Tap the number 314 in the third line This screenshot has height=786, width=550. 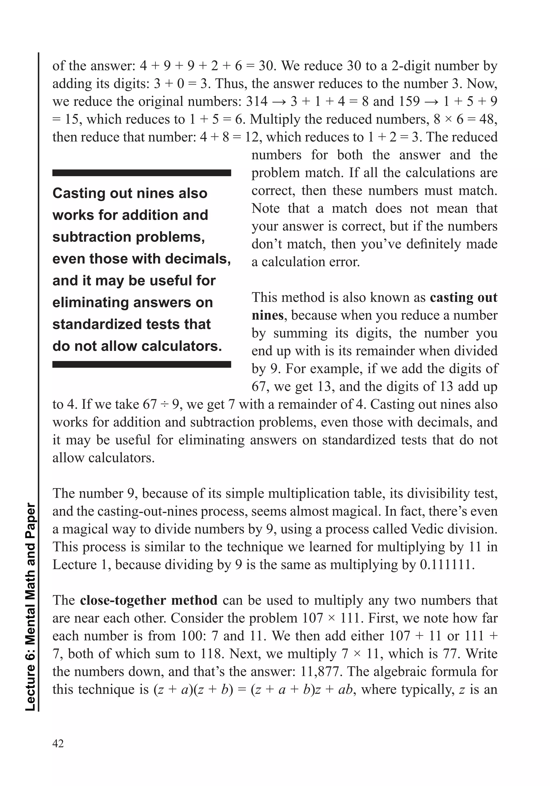pos(257,101)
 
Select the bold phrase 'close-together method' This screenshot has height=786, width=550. pos(149,600)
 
